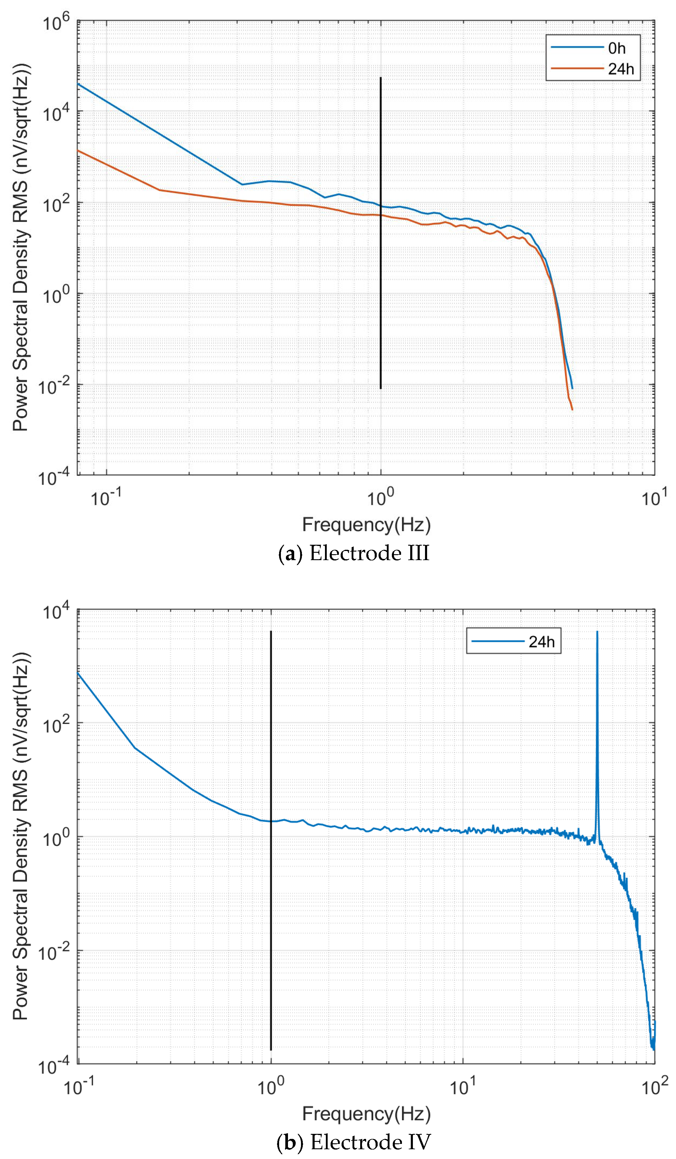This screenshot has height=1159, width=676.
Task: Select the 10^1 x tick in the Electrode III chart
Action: (x=654, y=497)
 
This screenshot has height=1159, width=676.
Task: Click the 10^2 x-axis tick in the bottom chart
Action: (x=654, y=1087)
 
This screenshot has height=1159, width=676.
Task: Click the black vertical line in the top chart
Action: (x=381, y=230)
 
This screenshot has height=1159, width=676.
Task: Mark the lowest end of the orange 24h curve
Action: (x=572, y=409)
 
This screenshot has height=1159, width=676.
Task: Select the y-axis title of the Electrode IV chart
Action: (x=21, y=837)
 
